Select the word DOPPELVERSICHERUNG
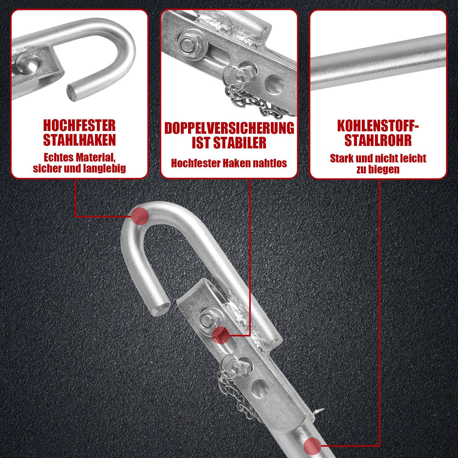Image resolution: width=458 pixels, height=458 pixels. point(229,128)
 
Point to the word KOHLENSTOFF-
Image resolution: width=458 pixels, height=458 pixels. point(378,125)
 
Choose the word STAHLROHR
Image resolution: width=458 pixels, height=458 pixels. point(378,140)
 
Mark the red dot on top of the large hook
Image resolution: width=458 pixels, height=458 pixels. point(140,216)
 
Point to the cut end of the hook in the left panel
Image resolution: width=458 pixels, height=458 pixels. point(73,93)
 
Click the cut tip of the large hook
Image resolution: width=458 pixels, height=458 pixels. point(161,307)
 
